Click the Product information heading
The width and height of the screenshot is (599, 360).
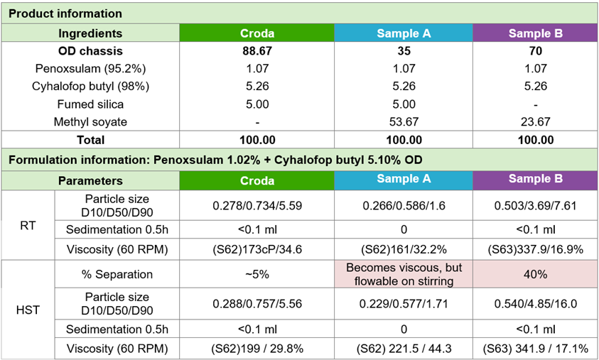point(65,13)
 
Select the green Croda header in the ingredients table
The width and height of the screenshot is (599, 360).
point(257,33)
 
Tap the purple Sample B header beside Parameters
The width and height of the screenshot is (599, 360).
point(535,179)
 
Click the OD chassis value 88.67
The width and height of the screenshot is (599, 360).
point(257,51)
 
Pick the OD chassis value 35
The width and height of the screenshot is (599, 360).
point(403,51)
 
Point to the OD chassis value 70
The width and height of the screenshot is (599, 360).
point(535,51)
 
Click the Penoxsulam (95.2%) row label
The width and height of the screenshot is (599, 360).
point(90,69)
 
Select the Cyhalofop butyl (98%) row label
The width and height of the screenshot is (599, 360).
point(90,87)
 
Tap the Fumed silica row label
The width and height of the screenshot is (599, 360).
point(90,104)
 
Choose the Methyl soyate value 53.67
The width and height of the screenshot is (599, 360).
point(403,122)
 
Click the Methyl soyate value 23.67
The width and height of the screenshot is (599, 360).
point(535,122)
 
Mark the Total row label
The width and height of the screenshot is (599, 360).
point(90,140)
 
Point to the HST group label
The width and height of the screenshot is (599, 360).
point(28,309)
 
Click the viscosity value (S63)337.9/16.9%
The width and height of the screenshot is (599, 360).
point(535,249)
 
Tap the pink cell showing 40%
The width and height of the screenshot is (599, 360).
point(535,273)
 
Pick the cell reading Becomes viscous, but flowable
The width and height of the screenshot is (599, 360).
point(403,273)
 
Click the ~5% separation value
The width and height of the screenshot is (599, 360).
point(257,273)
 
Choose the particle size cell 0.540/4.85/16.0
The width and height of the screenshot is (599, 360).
point(535,303)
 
